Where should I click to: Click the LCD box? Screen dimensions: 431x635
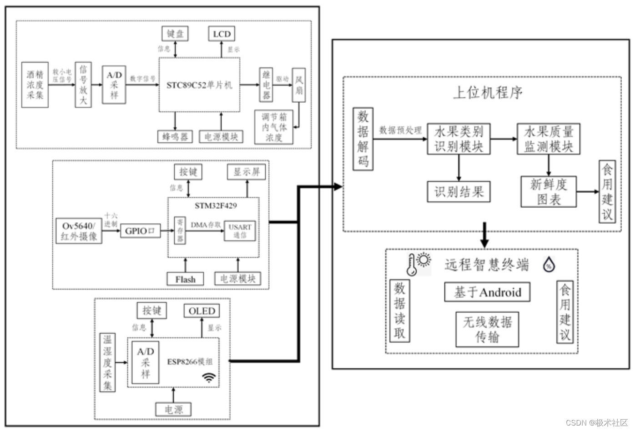(222, 34)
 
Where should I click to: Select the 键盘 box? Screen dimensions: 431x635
(175, 34)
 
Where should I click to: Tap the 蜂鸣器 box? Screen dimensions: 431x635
(175, 136)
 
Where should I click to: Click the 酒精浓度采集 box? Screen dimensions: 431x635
(35, 85)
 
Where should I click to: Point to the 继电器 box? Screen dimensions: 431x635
(266, 85)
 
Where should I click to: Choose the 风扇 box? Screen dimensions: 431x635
(299, 85)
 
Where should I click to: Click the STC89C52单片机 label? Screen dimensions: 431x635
(199, 85)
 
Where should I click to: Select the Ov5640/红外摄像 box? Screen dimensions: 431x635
(79, 231)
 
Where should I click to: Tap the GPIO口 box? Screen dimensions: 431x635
(140, 231)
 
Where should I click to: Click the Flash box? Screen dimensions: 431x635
(185, 279)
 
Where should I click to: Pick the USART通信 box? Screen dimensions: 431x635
(240, 231)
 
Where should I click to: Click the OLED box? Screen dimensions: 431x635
(202, 311)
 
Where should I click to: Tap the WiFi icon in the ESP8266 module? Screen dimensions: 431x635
(209, 377)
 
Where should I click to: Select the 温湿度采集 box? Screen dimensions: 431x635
(107, 362)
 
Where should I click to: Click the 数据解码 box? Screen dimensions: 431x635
(363, 139)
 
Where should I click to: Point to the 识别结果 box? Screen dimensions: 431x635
(459, 191)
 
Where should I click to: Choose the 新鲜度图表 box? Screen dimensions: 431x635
(549, 191)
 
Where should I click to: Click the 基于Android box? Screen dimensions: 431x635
(487, 292)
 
